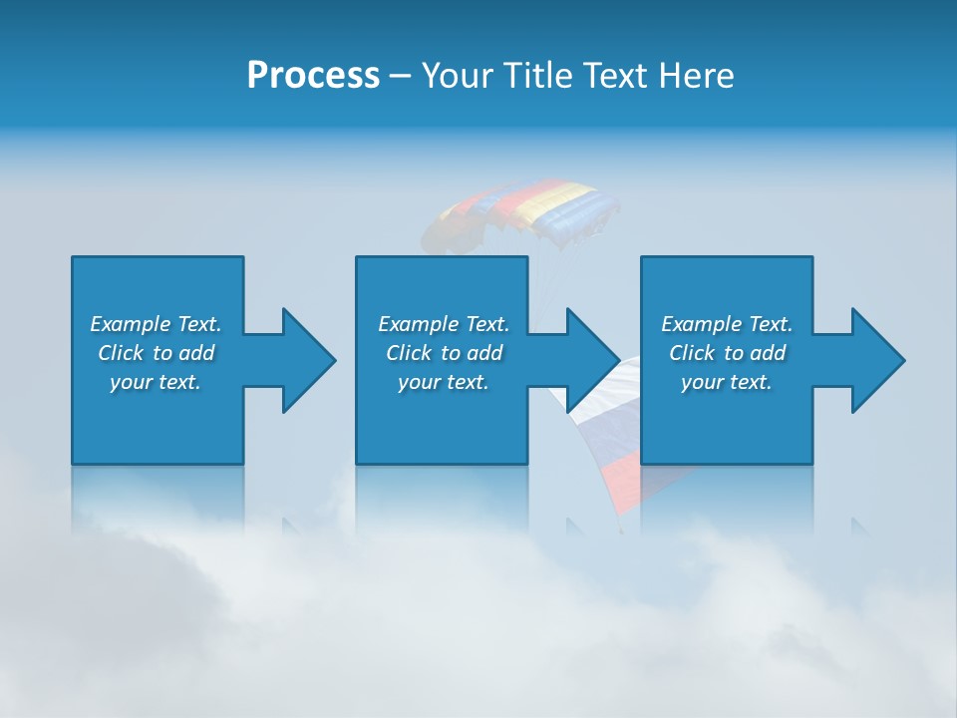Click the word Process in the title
click(313, 76)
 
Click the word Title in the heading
click(537, 76)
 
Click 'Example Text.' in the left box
click(156, 324)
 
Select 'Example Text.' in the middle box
click(444, 324)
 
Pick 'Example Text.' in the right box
click(727, 324)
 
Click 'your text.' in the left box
click(156, 382)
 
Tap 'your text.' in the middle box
click(444, 382)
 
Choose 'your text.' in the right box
click(727, 382)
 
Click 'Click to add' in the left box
click(156, 353)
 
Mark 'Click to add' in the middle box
click(444, 353)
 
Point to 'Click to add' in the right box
click(727, 353)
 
